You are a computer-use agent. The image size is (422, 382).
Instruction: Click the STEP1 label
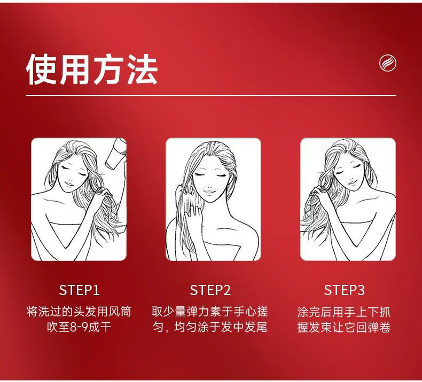[x=79, y=290]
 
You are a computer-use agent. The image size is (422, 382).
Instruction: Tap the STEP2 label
[x=210, y=290]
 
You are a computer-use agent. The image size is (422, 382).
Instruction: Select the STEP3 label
[x=344, y=290]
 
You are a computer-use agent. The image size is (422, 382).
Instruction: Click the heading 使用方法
[x=92, y=69]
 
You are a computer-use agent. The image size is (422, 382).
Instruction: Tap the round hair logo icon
[x=388, y=63]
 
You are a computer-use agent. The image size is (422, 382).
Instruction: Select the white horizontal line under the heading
[x=212, y=95]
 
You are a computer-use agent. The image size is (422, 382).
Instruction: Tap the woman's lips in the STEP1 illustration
[x=69, y=184]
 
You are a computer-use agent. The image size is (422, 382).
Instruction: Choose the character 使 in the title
[x=42, y=69]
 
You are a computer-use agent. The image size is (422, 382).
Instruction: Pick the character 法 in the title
[x=142, y=69]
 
